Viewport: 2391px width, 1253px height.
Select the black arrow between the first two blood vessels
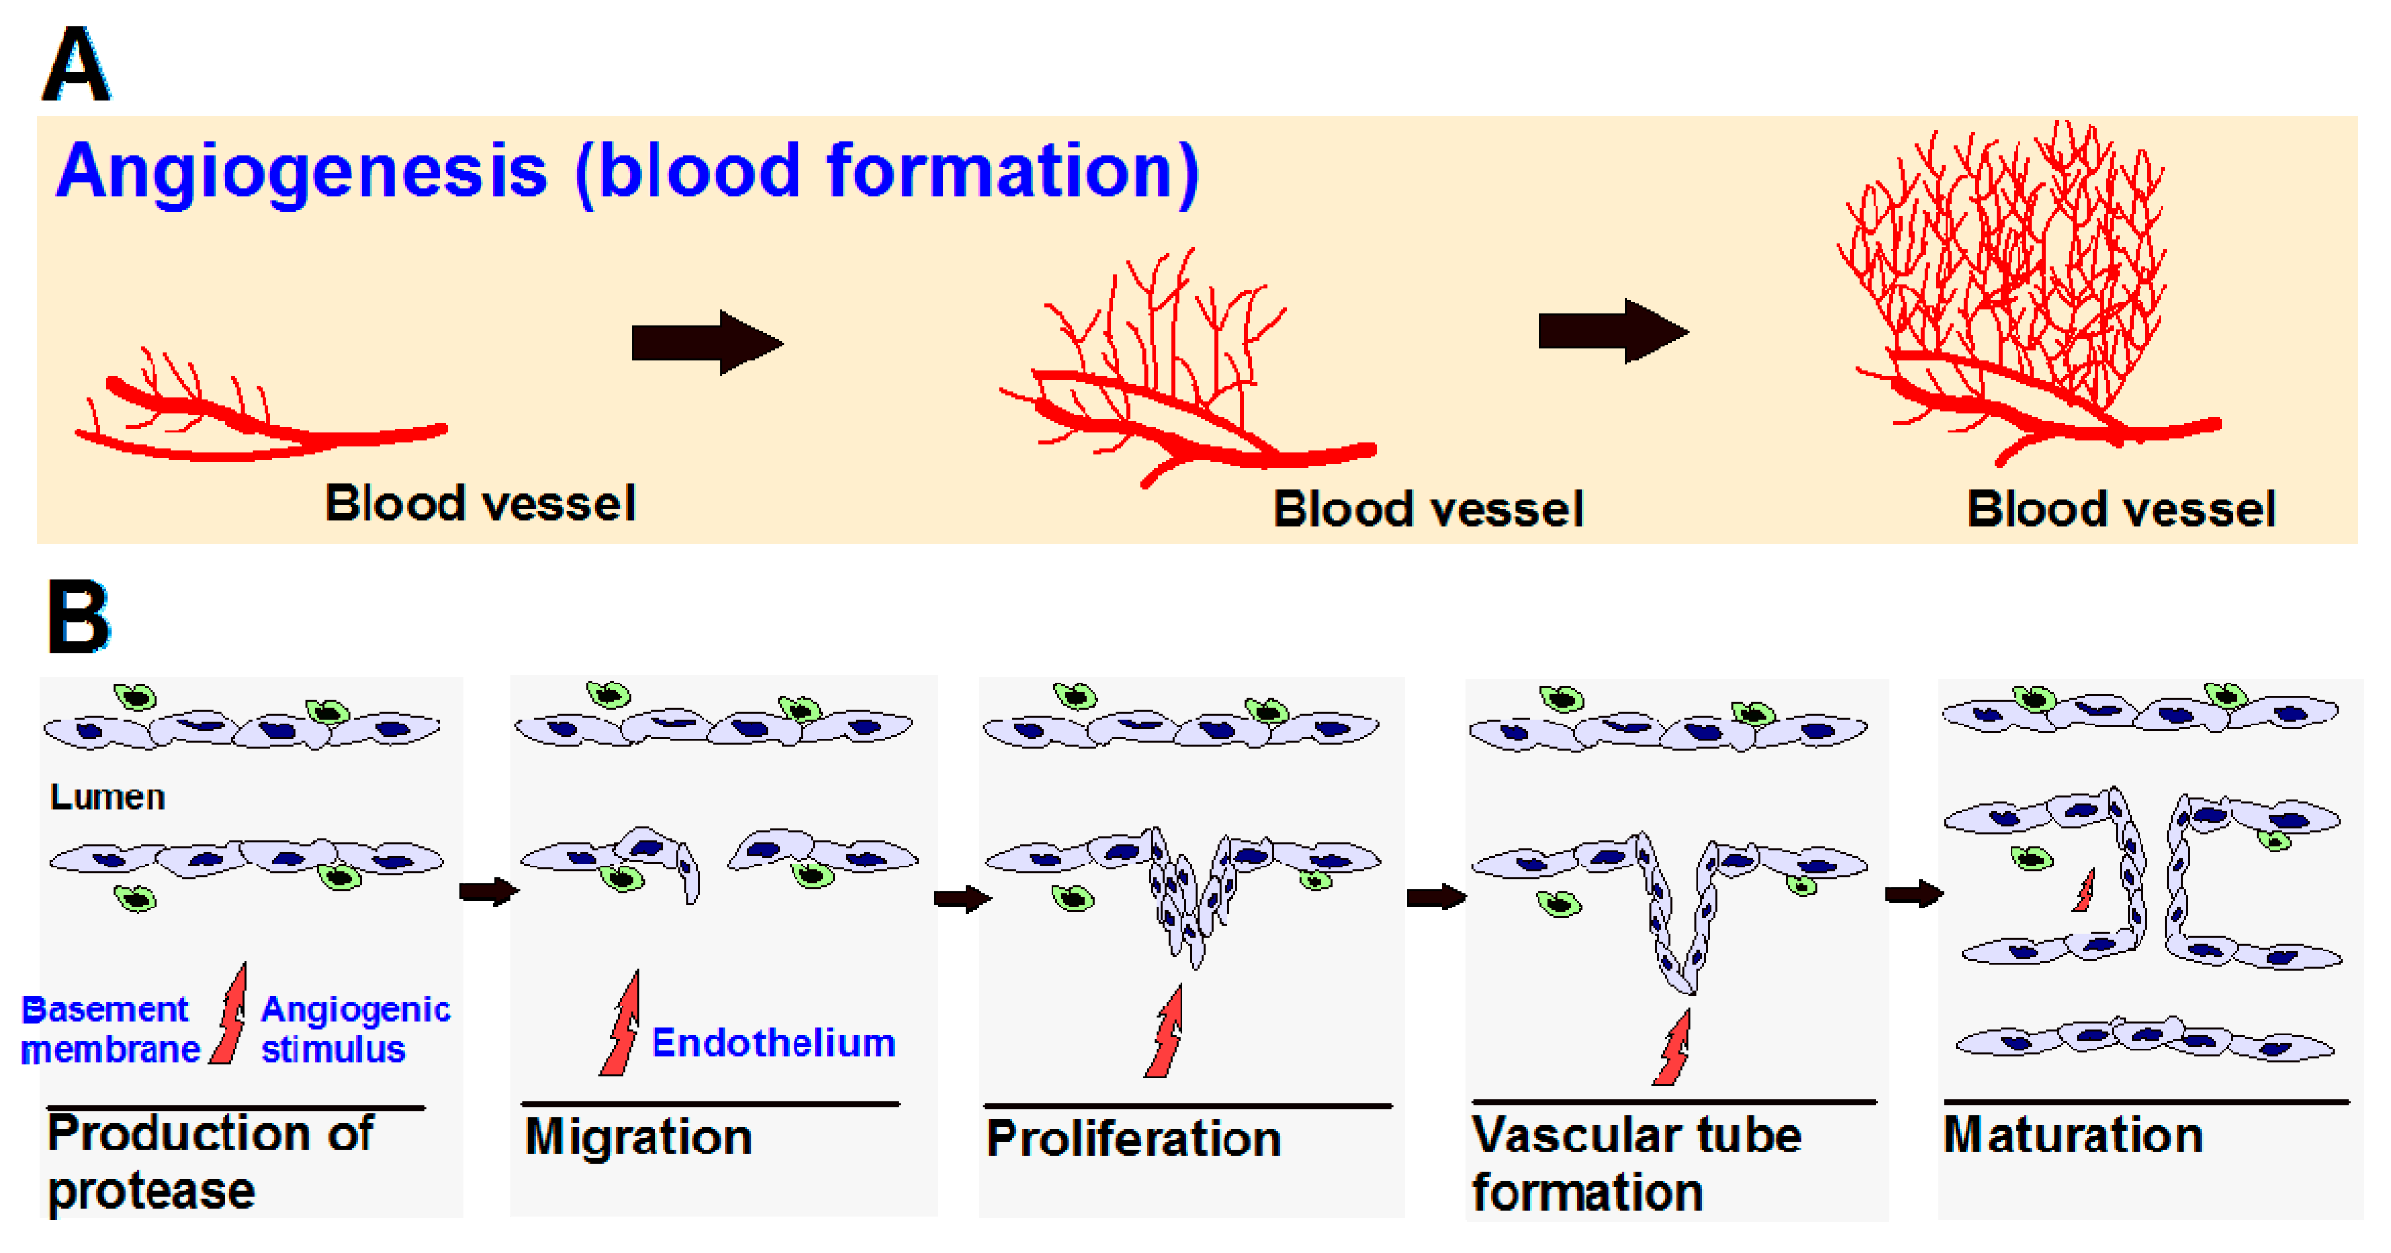(x=708, y=343)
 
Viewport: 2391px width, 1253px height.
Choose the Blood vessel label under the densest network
(x=2121, y=509)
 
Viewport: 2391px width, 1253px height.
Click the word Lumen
(x=107, y=797)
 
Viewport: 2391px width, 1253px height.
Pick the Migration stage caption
(x=638, y=1137)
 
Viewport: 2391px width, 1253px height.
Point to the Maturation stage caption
(x=2072, y=1134)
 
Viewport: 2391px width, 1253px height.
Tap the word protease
(x=151, y=1192)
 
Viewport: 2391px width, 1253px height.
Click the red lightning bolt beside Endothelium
(x=621, y=1024)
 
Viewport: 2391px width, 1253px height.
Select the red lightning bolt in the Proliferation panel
(x=1164, y=1031)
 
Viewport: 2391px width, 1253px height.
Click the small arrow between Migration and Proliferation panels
(x=962, y=899)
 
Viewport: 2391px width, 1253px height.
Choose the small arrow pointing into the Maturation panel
(x=1914, y=894)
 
